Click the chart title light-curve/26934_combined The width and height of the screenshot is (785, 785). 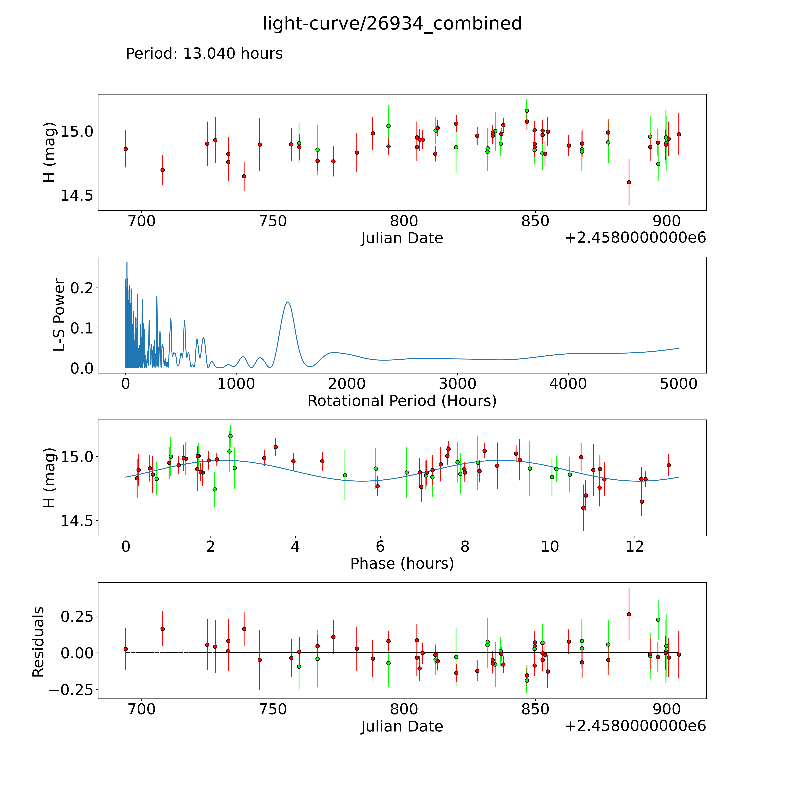click(x=392, y=24)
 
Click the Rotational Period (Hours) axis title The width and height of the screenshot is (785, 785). click(x=402, y=401)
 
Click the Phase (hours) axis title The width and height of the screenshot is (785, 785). click(x=402, y=564)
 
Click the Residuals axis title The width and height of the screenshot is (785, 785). click(x=38, y=642)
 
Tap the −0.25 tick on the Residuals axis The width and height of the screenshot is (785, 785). click(x=71, y=690)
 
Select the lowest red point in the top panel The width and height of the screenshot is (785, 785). click(x=629, y=182)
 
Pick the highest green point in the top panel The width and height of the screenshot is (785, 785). click(x=527, y=110)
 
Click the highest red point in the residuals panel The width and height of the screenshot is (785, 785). click(x=629, y=614)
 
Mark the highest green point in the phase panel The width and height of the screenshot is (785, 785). click(x=230, y=436)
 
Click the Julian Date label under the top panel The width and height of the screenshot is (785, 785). click(x=402, y=238)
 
